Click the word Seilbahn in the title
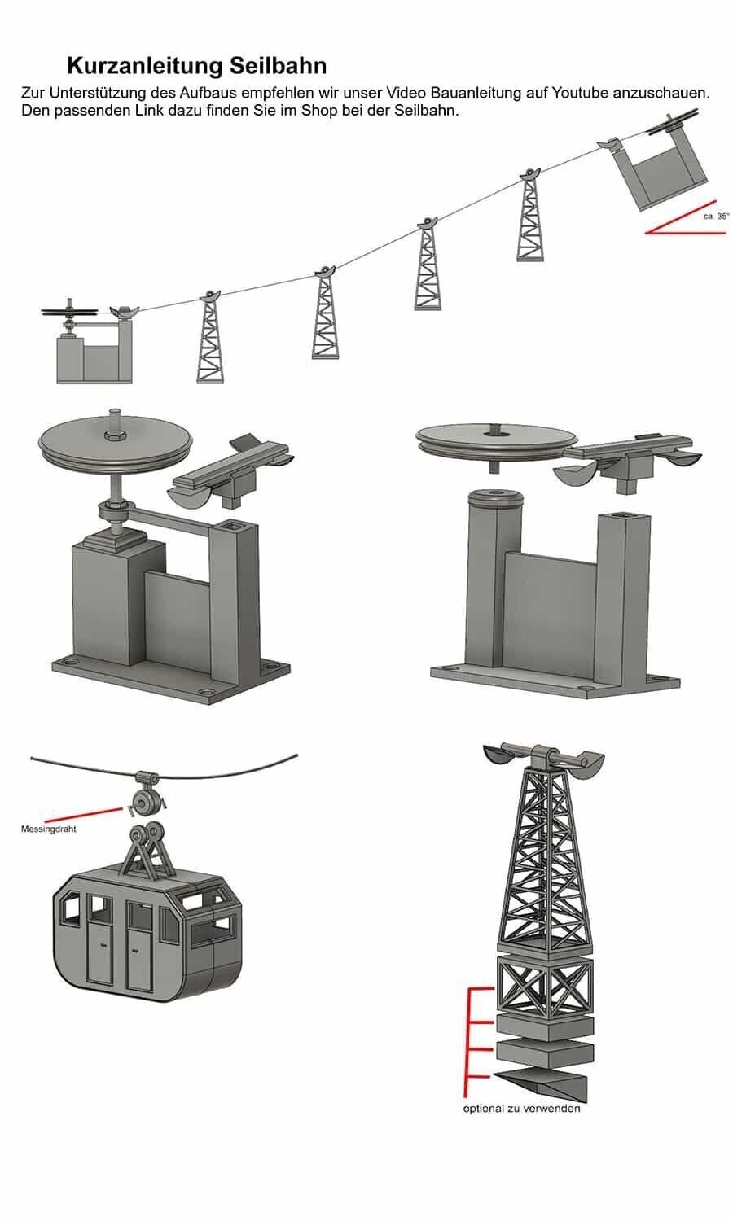[x=278, y=66]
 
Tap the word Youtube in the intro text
[x=580, y=93]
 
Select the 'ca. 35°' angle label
[x=716, y=217]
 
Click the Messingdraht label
[x=49, y=829]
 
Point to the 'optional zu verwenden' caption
[x=521, y=1108]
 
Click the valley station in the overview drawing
[x=94, y=344]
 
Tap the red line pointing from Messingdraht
[x=84, y=815]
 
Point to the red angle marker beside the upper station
[x=686, y=225]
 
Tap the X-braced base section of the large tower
[x=544, y=986]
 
